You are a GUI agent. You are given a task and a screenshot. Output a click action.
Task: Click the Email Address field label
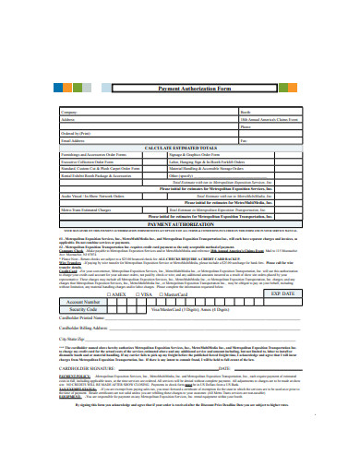coord(98,140)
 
